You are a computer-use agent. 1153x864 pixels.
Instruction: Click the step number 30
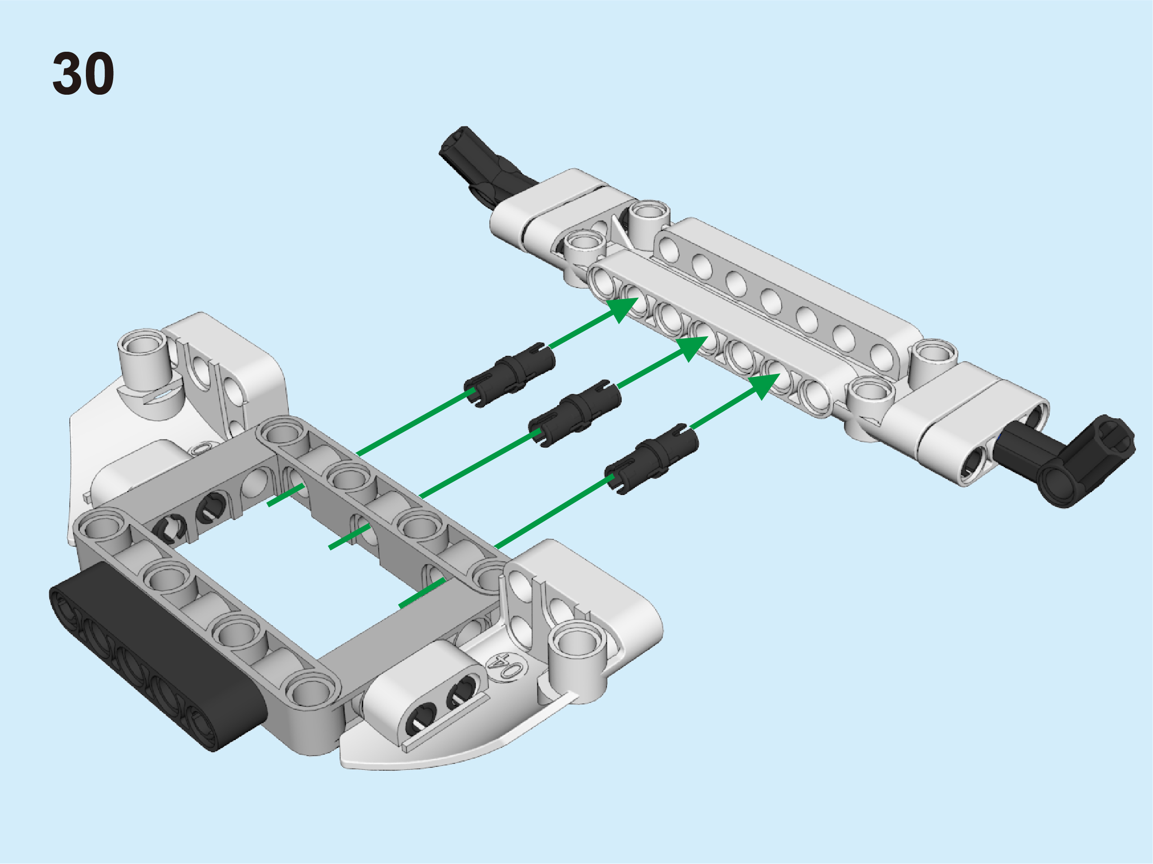click(x=83, y=73)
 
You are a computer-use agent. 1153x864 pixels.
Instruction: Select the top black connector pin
click(x=509, y=374)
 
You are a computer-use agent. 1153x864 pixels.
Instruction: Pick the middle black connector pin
click(x=574, y=413)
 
